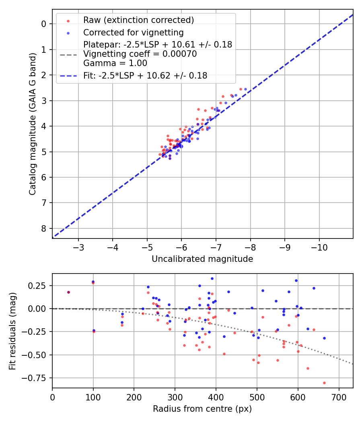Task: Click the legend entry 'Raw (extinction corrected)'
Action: [138, 20]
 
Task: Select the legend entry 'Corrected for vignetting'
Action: [133, 33]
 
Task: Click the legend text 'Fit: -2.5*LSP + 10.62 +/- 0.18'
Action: [145, 75]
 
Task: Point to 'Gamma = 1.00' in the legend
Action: [115, 63]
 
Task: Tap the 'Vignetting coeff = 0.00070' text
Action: [140, 54]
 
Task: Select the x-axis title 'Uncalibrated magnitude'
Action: [202, 259]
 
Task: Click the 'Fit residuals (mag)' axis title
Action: [12, 331]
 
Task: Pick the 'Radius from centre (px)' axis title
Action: [202, 409]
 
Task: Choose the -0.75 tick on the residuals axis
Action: [38, 378]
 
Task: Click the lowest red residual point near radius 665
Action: [324, 383]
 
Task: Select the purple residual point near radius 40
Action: [68, 292]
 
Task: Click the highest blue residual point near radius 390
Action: [212, 278]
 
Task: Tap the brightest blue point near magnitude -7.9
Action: [245, 89]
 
